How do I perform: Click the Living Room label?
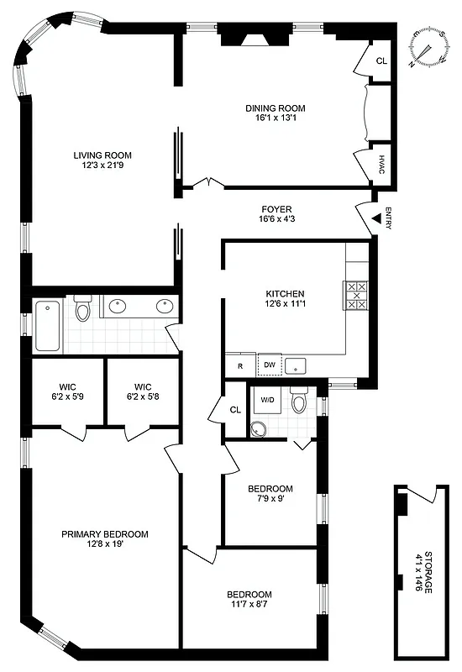(x=102, y=155)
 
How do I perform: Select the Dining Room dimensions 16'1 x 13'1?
(x=275, y=118)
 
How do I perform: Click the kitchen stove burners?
(x=357, y=296)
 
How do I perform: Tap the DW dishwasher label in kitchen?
(x=270, y=365)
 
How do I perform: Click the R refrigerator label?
(x=239, y=366)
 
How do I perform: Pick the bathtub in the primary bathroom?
(x=47, y=325)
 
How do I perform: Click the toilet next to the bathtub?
(x=82, y=311)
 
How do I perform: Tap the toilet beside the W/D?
(x=298, y=403)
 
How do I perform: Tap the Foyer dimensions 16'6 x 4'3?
(x=276, y=219)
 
